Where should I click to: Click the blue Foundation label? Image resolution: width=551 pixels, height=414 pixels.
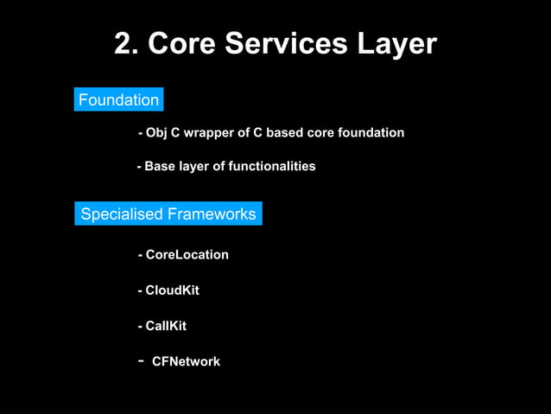118,100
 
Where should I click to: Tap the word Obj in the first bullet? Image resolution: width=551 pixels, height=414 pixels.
156,133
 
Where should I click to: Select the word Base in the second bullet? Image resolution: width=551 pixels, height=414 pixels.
158,166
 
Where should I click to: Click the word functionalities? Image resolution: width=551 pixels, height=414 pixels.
271,166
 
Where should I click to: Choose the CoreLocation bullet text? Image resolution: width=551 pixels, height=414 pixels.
187,255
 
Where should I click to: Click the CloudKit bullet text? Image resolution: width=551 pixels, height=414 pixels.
172,290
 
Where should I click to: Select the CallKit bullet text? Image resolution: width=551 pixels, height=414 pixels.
166,326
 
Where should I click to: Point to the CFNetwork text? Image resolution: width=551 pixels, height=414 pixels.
186,361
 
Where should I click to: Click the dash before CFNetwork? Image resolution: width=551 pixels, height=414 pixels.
140,360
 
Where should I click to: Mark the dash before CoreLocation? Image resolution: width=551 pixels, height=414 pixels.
140,256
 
